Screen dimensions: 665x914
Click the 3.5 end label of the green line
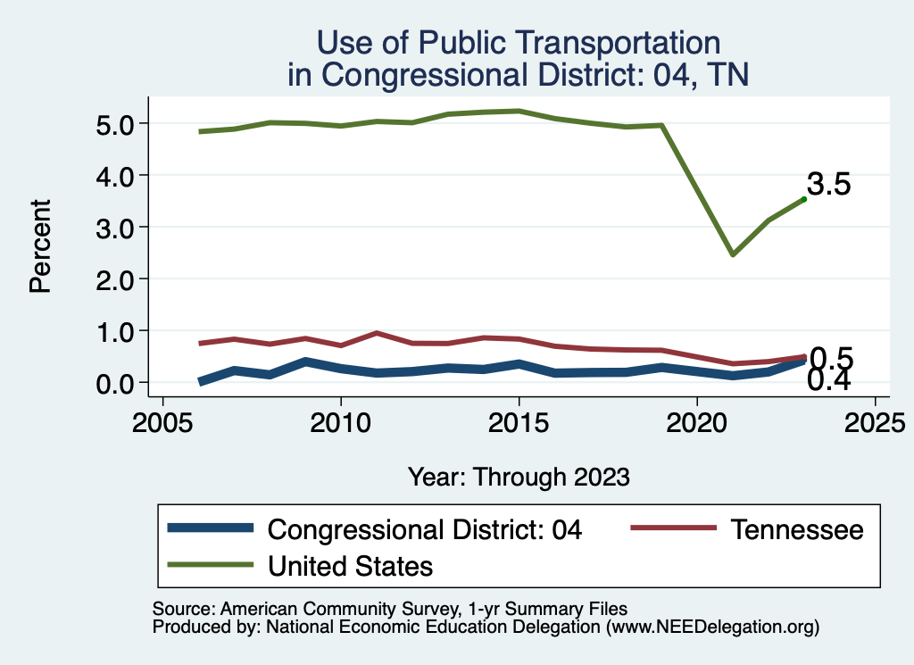pos(829,185)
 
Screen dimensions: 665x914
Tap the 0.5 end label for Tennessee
pos(831,359)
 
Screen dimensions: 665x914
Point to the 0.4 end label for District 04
pos(829,381)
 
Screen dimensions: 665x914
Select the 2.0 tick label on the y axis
pos(116,278)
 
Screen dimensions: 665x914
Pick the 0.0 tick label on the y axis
pos(116,383)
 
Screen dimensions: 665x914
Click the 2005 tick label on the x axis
pos(162,421)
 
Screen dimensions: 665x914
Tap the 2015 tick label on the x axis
pos(519,421)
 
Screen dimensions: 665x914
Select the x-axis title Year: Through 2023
pos(519,477)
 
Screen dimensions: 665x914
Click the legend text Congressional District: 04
pos(425,529)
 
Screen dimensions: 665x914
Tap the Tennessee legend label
pos(797,529)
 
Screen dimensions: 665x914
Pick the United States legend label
pos(350,565)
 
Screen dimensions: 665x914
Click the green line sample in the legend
pos(211,565)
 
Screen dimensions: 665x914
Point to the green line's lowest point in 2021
pos(733,255)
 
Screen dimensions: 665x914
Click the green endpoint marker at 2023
pos(804,199)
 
